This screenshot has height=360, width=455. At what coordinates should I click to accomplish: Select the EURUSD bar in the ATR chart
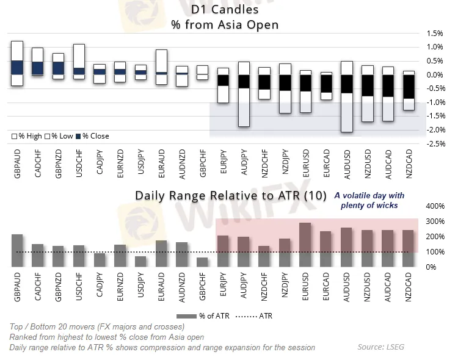tap(305, 245)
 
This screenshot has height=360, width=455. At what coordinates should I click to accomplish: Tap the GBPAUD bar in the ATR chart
tap(17, 251)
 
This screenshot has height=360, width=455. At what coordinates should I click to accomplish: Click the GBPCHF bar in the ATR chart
tap(202, 262)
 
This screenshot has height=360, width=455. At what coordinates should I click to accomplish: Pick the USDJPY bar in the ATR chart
tap(140, 261)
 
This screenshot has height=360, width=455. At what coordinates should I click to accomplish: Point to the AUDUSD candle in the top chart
tap(346, 96)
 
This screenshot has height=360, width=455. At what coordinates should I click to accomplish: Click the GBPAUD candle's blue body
tap(17, 68)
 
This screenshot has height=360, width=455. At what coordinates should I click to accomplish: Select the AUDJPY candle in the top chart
tap(243, 94)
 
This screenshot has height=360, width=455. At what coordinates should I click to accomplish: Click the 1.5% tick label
tap(435, 33)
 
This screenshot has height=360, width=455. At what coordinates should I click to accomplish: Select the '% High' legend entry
tap(26, 136)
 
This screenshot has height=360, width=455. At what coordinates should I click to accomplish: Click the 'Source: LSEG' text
tap(381, 347)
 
